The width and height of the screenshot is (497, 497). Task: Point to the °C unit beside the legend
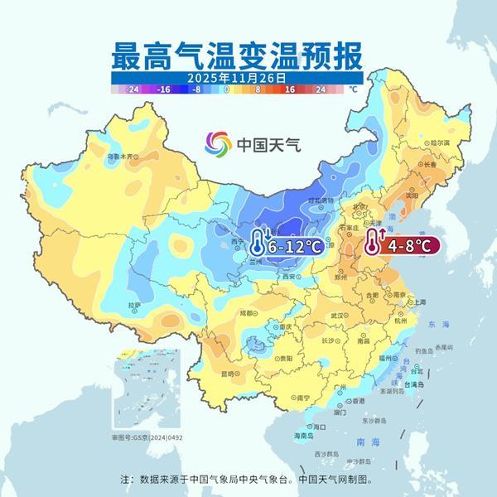tap(353, 88)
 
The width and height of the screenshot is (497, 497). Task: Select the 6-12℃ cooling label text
tap(295, 246)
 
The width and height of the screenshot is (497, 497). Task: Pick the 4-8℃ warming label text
tap(410, 246)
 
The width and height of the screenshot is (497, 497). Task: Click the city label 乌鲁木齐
tap(120, 156)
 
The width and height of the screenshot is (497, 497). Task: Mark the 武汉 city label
tap(336, 316)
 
